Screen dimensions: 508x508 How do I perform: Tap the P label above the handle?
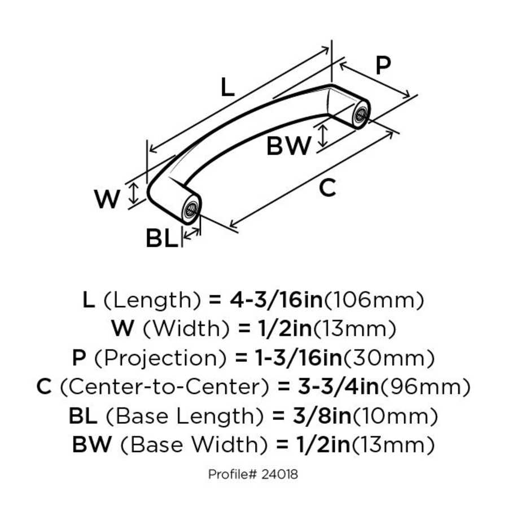[x=383, y=66]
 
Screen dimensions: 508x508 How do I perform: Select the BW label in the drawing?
[x=288, y=147]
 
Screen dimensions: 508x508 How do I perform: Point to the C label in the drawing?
[x=327, y=188]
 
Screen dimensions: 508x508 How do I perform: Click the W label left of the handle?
[x=107, y=199]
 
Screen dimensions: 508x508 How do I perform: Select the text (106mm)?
[x=373, y=300]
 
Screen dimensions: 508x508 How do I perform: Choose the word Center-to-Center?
[x=164, y=387]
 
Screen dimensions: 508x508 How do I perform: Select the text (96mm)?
[x=426, y=387]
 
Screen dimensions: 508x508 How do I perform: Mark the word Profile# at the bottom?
[x=233, y=474]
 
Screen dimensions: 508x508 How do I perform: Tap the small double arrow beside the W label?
[x=133, y=194]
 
